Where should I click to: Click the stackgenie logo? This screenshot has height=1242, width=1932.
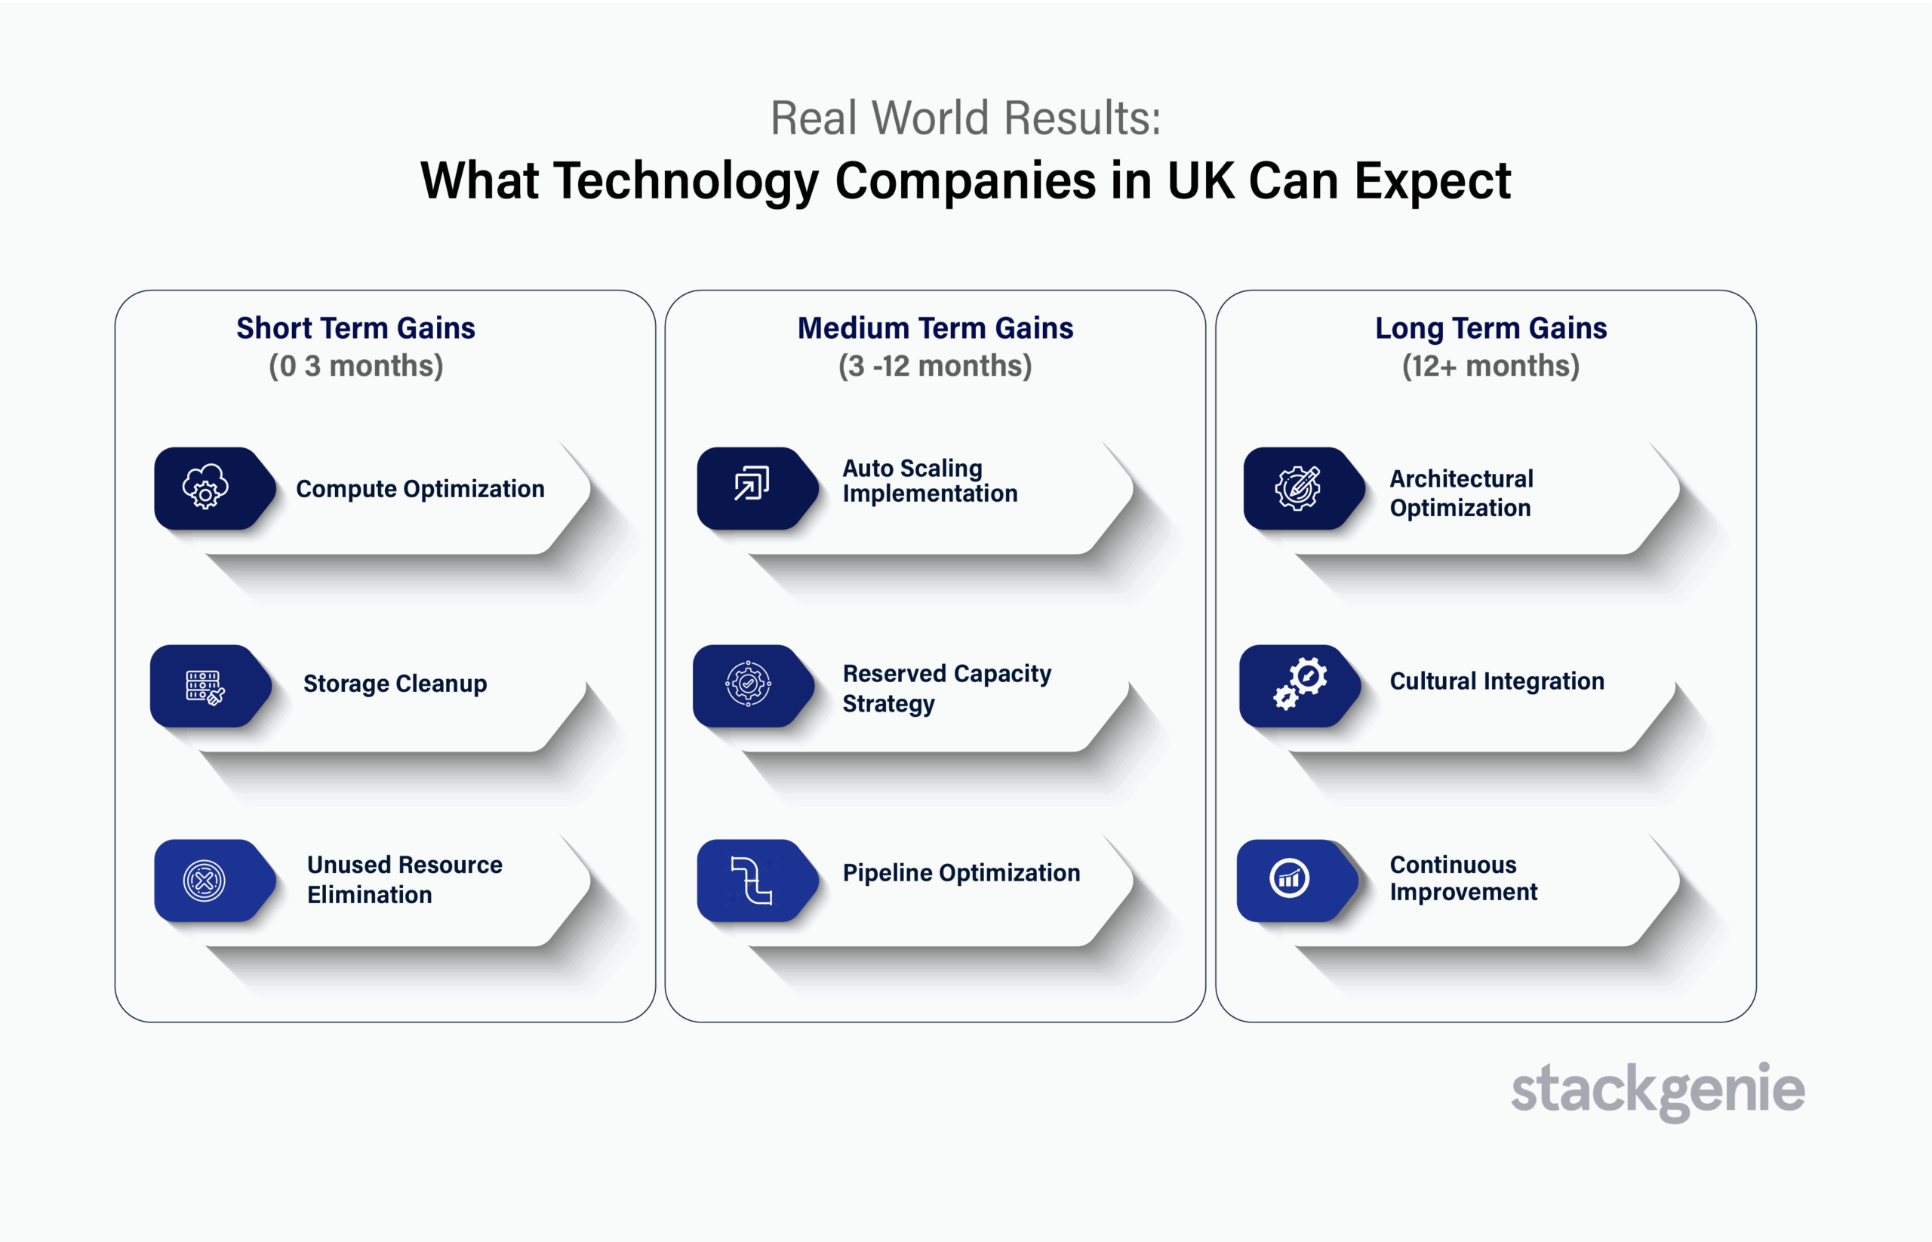click(x=1657, y=1090)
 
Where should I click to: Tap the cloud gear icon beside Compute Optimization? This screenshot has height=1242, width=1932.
click(x=205, y=487)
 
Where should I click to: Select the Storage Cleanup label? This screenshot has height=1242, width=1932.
click(x=395, y=684)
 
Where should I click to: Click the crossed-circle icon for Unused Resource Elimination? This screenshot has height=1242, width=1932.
click(x=204, y=881)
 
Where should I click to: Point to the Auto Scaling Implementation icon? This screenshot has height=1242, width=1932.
click(x=751, y=483)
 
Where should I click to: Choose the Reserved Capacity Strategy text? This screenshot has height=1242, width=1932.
click(x=947, y=688)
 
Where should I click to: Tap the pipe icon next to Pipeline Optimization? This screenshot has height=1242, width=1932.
click(x=751, y=880)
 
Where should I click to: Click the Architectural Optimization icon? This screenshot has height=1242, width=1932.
click(x=1297, y=488)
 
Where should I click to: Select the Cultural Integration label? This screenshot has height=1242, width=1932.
click(x=1497, y=681)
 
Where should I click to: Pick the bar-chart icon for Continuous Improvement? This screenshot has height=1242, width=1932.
click(x=1290, y=878)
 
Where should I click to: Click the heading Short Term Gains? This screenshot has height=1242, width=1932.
click(x=355, y=328)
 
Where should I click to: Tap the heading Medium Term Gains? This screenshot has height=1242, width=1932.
click(x=936, y=328)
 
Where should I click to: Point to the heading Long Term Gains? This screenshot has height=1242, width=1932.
click(x=1491, y=329)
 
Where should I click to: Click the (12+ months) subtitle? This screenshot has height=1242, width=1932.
click(x=1491, y=366)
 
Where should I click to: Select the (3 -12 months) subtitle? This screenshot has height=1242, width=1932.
click(x=935, y=366)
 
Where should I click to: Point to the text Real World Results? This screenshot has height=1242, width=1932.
click(x=965, y=118)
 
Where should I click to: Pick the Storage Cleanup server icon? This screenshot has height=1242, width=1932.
click(x=205, y=687)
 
